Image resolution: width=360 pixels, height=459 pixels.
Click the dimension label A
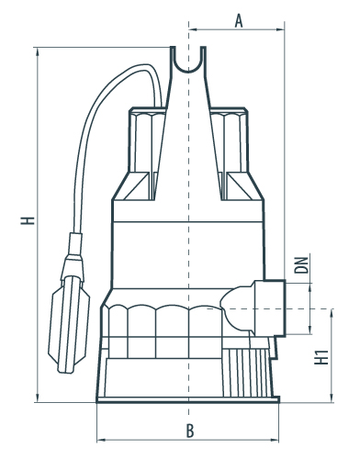click(x=239, y=21)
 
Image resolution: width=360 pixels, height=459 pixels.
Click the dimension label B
click(x=190, y=431)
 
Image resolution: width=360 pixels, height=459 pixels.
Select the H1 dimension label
click(x=321, y=357)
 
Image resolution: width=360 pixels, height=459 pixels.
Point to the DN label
click(x=301, y=264)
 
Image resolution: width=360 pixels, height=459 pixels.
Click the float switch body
click(x=69, y=324)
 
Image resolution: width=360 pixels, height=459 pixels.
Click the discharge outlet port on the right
click(x=270, y=308)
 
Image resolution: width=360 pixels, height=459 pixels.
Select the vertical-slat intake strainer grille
click(x=247, y=373)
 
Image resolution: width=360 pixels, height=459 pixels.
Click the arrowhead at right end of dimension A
click(x=281, y=29)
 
